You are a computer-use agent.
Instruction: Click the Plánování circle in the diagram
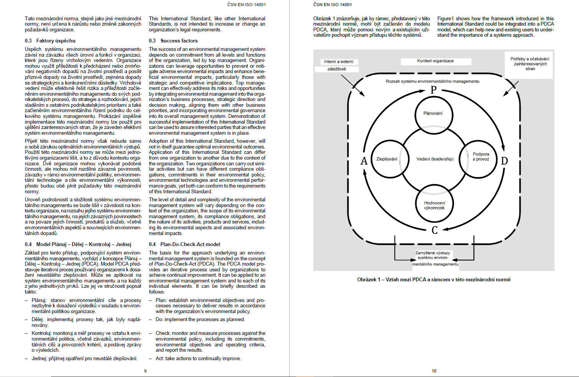coord(434,114)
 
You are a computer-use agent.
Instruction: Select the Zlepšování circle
coord(387,159)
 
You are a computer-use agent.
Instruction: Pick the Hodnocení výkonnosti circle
coord(434,206)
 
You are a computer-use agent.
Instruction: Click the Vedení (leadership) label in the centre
coord(435,159)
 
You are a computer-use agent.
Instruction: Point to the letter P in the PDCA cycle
coord(434,90)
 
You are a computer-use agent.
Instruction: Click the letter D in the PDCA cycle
coord(504,161)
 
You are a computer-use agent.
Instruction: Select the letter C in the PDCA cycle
coord(434,230)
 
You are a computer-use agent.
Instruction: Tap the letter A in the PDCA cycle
coord(364,161)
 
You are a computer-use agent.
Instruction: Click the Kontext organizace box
coord(436,61)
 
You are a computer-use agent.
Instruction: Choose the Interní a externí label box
coord(339,62)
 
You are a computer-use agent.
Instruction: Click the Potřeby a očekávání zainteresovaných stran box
coord(530,64)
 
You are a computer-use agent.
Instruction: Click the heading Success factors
coord(179,41)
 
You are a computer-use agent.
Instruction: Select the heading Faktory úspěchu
coord(56,41)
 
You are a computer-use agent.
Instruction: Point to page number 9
coord(145,371)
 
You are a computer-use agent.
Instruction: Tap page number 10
coord(434,371)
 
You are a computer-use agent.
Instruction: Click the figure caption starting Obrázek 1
coord(434,280)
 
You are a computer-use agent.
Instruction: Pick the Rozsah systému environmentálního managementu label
coord(433,82)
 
